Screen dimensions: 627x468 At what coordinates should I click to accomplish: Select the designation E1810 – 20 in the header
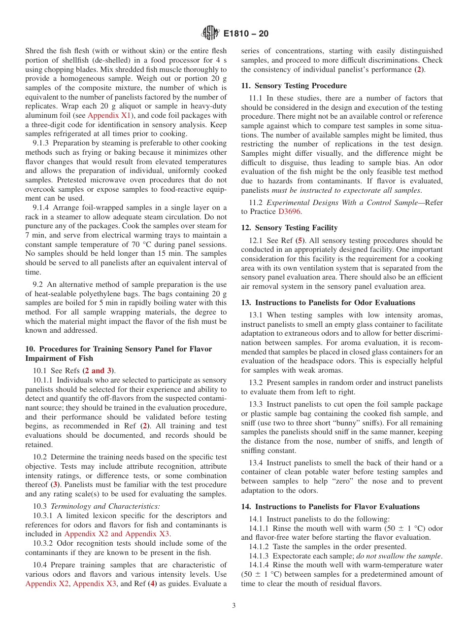(246, 34)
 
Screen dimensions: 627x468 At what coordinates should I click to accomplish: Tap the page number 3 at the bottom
(234, 606)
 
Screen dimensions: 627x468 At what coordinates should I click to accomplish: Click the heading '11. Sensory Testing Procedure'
(294, 85)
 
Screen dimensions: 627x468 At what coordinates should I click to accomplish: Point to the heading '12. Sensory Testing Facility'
(289, 227)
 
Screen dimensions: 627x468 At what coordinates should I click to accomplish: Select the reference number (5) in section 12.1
(300, 241)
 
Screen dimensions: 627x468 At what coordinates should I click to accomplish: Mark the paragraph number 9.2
(38, 284)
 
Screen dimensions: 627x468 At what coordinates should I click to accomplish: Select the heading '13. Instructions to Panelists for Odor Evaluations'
(328, 302)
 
